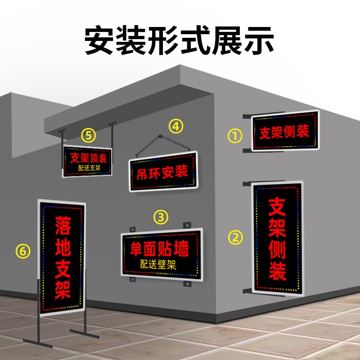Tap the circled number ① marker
click(x=235, y=135)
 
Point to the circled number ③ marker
click(x=161, y=217)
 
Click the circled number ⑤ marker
click(x=89, y=134)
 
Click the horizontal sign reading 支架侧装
click(x=285, y=131)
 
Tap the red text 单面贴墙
click(x=159, y=249)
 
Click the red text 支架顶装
click(x=88, y=158)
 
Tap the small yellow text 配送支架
click(x=89, y=168)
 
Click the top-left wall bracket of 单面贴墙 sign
click(x=132, y=228)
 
